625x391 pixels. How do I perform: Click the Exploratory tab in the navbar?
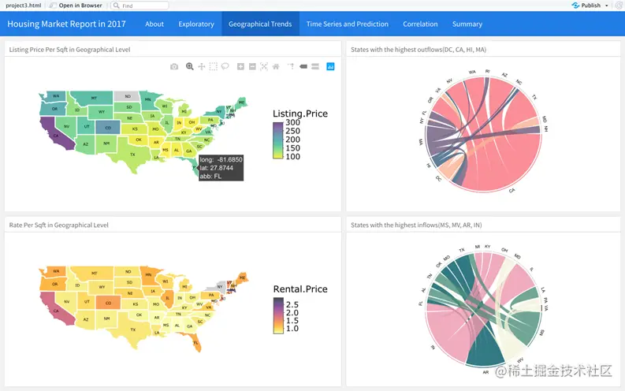(196, 24)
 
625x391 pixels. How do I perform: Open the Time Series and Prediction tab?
(347, 24)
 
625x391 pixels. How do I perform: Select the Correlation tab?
(420, 24)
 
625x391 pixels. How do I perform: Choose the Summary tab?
(467, 24)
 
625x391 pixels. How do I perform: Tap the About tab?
(154, 24)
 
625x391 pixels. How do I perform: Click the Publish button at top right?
(590, 6)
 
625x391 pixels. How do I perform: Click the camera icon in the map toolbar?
(174, 67)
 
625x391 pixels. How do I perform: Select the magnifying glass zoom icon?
(189, 67)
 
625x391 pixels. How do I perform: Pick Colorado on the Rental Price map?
(108, 301)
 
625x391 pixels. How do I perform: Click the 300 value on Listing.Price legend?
(293, 123)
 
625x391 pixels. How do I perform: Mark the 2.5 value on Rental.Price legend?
(292, 303)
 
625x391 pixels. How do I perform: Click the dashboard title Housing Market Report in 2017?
(67, 24)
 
